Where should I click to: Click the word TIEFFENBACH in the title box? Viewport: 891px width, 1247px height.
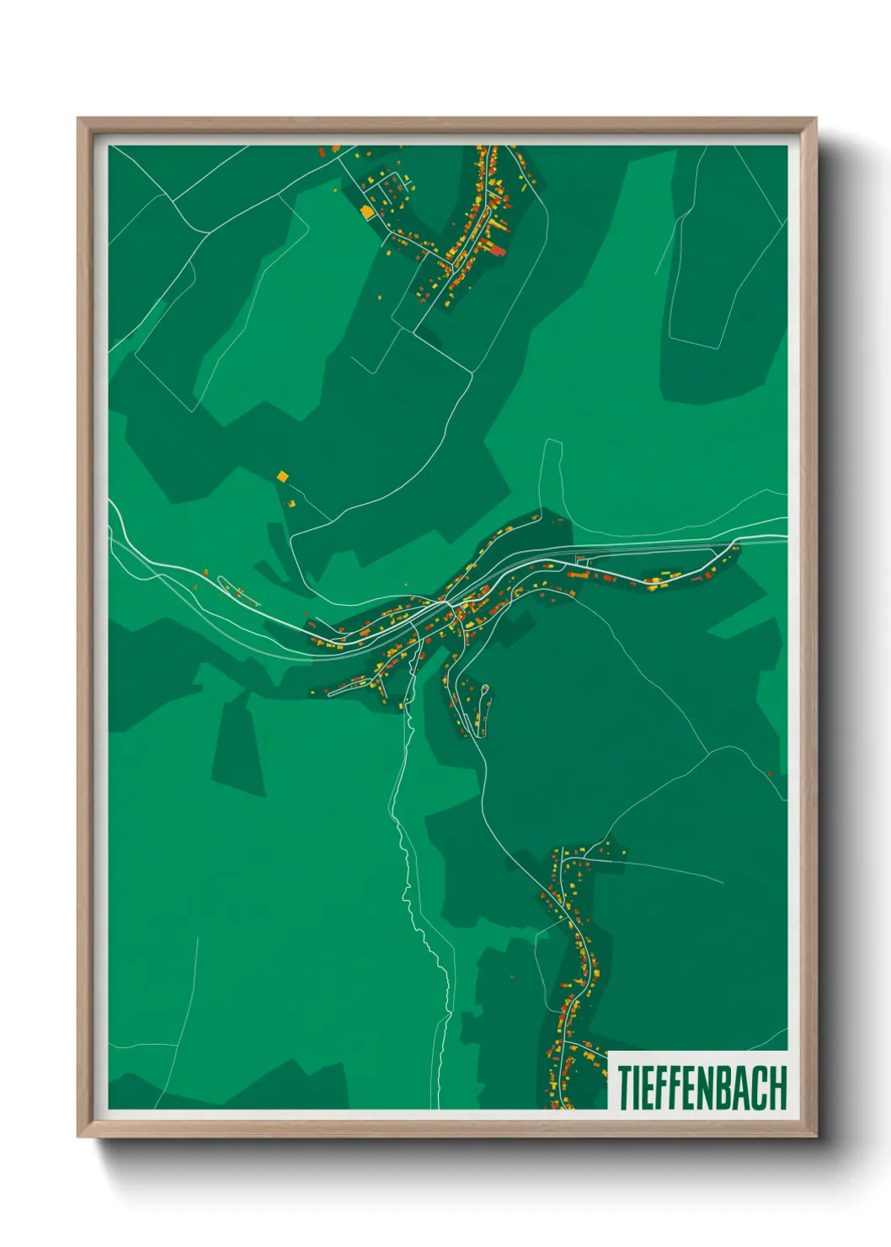(702, 1088)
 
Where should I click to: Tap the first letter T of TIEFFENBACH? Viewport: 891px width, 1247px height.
(626, 1088)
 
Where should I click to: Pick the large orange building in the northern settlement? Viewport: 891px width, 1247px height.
(366, 211)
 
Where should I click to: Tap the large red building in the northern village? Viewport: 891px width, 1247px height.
(497, 249)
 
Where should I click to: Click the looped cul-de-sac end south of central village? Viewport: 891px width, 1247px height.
(484, 690)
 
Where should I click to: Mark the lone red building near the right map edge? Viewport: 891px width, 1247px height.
(769, 773)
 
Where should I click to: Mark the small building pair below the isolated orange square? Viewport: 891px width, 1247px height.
(292, 503)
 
